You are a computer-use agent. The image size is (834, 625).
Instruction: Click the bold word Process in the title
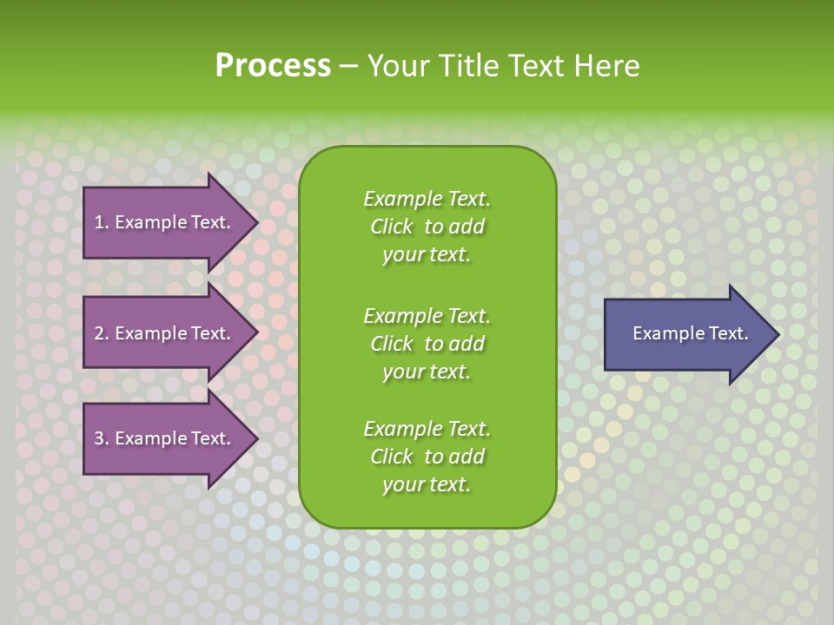point(273,66)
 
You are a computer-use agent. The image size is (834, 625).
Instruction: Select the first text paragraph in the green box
point(427,227)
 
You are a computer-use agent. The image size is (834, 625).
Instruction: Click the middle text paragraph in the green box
point(427,343)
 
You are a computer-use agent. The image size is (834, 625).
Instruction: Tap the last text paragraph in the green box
point(427,457)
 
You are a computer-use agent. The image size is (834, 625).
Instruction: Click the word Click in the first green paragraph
point(392,227)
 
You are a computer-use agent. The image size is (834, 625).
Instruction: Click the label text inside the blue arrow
point(690,333)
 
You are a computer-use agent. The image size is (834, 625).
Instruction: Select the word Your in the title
point(399,66)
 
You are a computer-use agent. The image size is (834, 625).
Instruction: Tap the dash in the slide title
point(349,67)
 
